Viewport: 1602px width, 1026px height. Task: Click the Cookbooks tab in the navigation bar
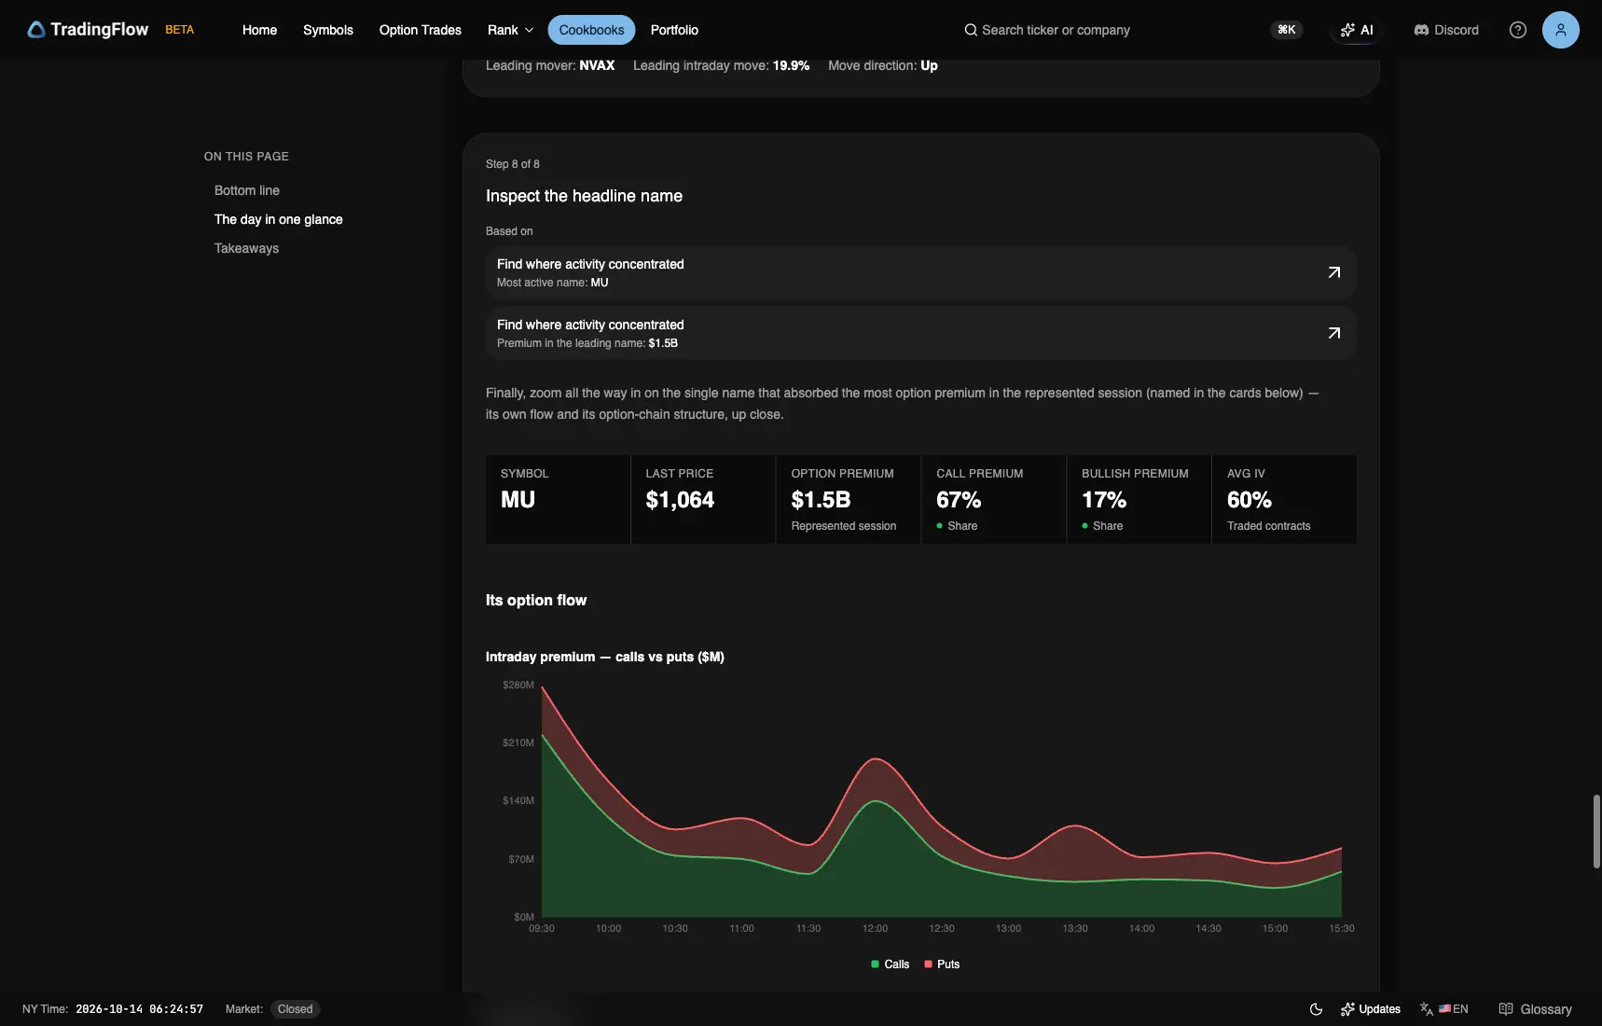(x=591, y=30)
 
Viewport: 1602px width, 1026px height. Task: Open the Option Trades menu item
(x=420, y=30)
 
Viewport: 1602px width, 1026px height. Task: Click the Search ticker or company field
(x=1056, y=30)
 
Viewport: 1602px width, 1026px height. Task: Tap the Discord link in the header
(x=1446, y=30)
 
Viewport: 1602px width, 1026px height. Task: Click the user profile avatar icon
(x=1560, y=30)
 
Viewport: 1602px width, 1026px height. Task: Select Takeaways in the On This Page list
(x=246, y=248)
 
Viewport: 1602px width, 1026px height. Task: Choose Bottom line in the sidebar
(x=247, y=190)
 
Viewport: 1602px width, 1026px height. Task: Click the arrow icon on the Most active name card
(x=1333, y=272)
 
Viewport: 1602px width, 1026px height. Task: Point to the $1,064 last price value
(x=680, y=500)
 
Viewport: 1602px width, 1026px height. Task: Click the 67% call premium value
(x=959, y=500)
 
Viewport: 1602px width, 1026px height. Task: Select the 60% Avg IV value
(x=1250, y=500)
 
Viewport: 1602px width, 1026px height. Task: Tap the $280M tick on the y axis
(x=518, y=685)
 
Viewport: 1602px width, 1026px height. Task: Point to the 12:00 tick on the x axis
(x=876, y=928)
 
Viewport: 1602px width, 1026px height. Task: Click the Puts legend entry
(x=942, y=964)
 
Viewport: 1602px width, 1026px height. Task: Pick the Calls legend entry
(x=890, y=964)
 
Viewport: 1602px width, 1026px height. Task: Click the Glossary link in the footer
(x=1535, y=1009)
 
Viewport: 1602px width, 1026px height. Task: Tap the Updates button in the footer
(x=1371, y=1009)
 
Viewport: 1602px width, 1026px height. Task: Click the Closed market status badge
(x=295, y=1009)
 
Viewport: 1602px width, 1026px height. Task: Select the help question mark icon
(x=1518, y=30)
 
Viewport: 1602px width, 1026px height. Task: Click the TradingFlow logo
(x=88, y=30)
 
